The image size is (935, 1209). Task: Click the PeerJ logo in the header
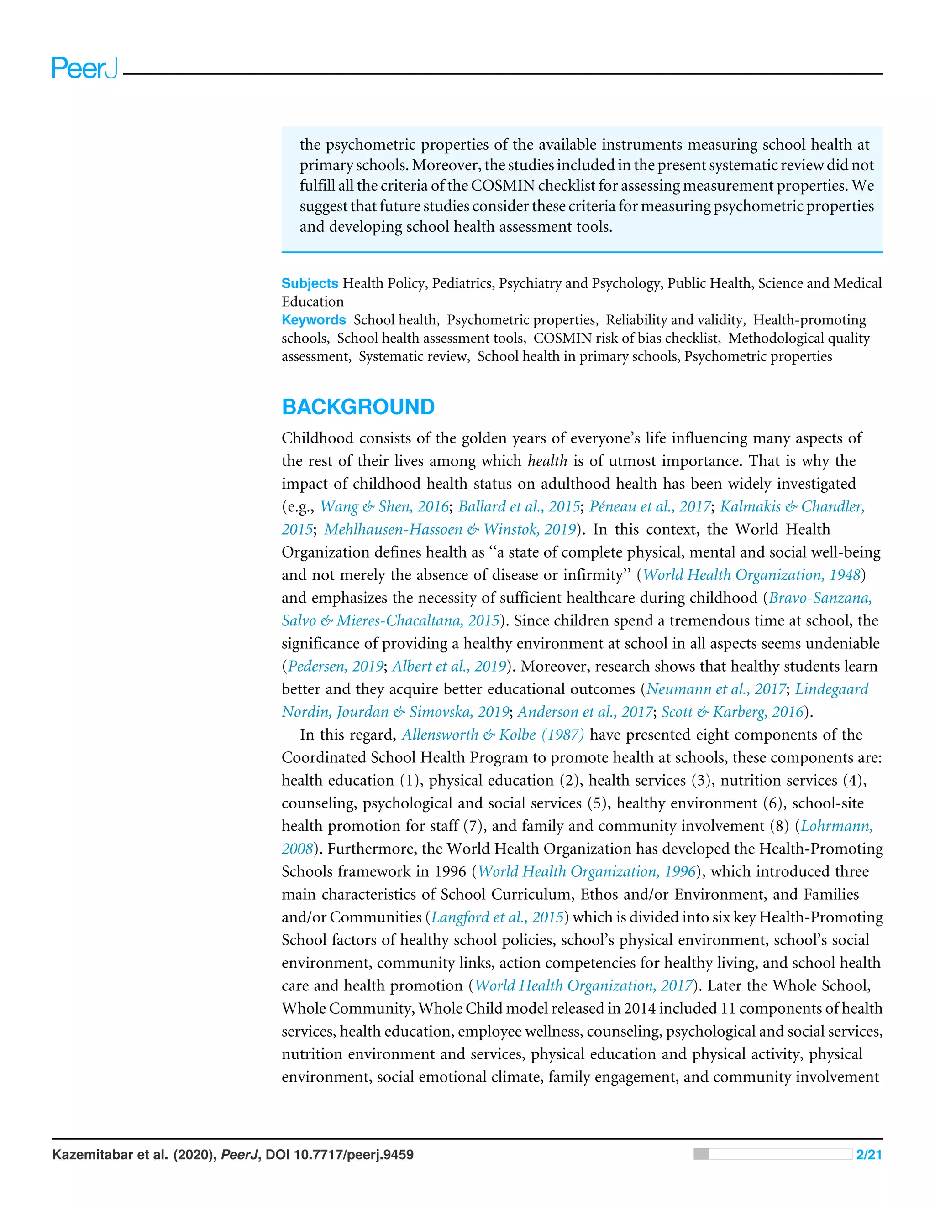pyautogui.click(x=84, y=68)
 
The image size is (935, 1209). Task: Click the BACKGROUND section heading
pyautogui.click(x=358, y=407)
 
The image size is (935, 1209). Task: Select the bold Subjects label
pyautogui.click(x=310, y=283)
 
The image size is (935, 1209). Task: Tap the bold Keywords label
pyautogui.click(x=314, y=320)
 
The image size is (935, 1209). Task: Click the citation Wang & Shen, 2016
pyautogui.click(x=384, y=506)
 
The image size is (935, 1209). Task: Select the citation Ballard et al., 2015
pyautogui.click(x=519, y=506)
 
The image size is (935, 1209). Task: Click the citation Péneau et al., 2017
pyautogui.click(x=650, y=506)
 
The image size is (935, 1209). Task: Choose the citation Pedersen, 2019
pyautogui.click(x=335, y=667)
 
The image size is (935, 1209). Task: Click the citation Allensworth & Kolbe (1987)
pyautogui.click(x=493, y=735)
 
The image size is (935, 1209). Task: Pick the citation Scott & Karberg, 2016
pyautogui.click(x=732, y=712)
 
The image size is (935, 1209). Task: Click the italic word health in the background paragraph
pyautogui.click(x=547, y=461)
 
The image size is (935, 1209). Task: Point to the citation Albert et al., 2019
pyautogui.click(x=449, y=667)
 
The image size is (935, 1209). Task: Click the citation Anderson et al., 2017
pyautogui.click(x=585, y=712)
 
